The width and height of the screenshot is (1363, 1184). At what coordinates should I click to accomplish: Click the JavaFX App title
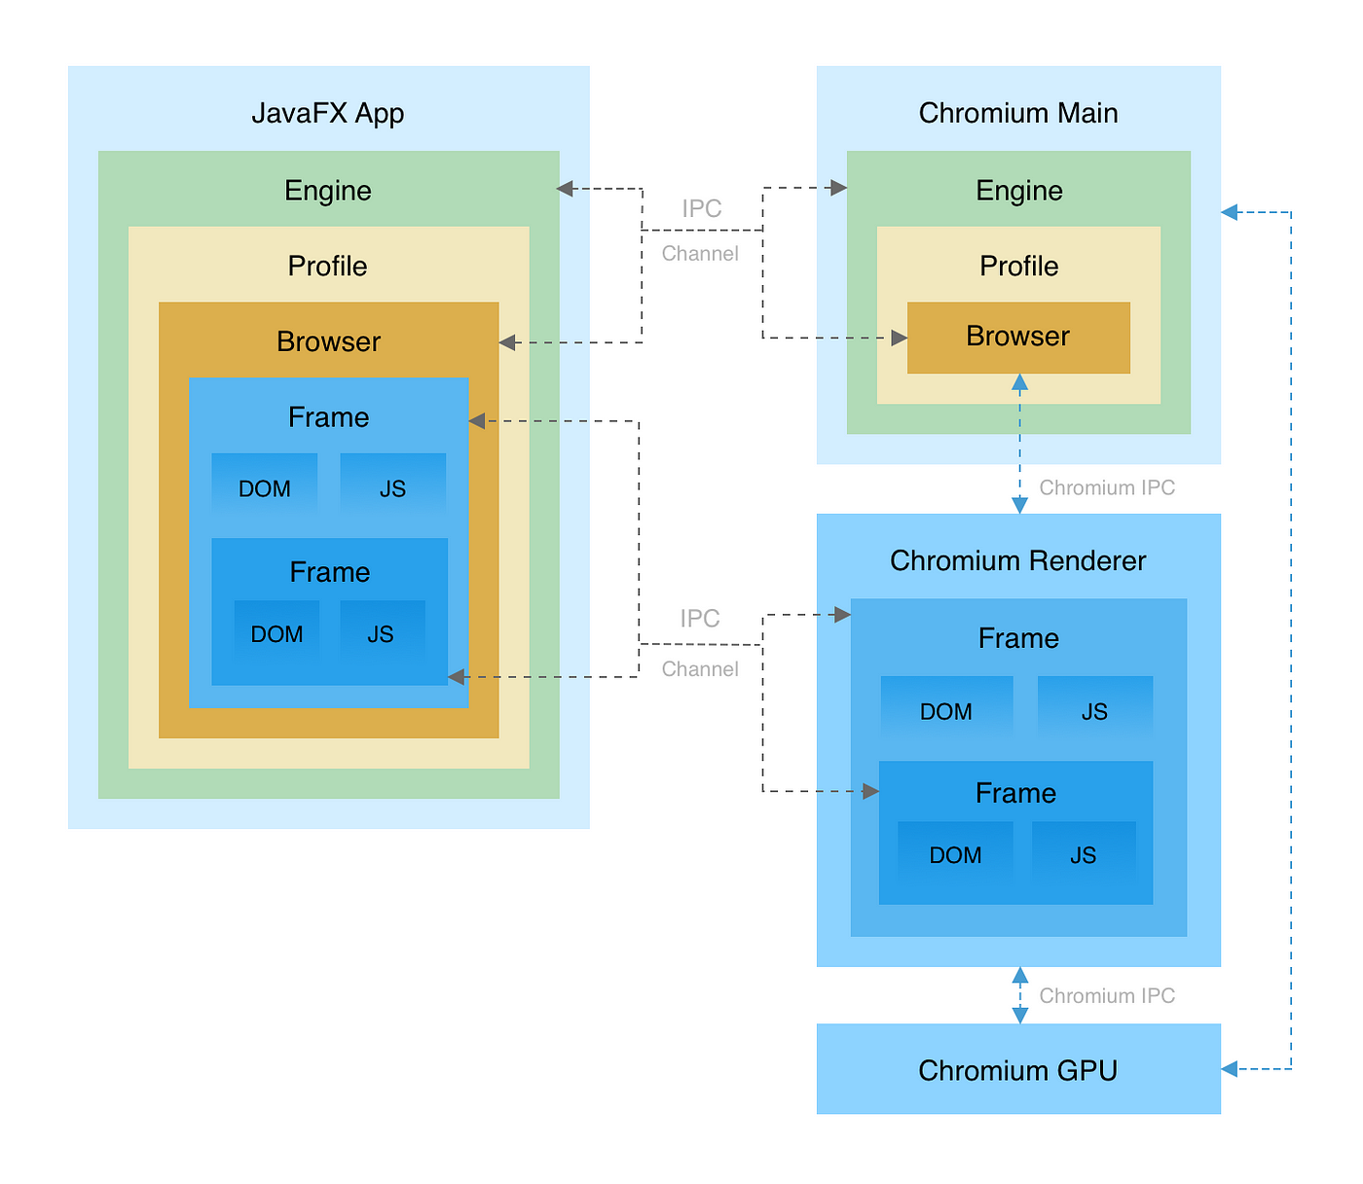click(327, 113)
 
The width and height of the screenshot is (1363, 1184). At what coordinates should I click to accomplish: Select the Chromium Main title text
click(1017, 113)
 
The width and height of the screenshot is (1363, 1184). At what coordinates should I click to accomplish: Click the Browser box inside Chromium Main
click(1018, 338)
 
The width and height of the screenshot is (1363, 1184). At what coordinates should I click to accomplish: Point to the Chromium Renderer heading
click(1017, 560)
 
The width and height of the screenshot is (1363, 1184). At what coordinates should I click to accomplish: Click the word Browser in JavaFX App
click(328, 341)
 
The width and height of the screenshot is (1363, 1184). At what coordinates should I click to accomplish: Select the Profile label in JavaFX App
click(327, 266)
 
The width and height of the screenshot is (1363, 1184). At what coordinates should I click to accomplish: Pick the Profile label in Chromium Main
click(1018, 266)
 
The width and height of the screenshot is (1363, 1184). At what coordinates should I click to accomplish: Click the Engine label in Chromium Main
click(1018, 191)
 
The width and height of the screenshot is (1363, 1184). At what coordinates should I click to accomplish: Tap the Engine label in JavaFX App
click(328, 191)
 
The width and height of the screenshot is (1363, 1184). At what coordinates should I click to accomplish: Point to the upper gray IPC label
click(702, 208)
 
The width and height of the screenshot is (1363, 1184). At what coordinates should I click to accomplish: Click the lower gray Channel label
click(699, 669)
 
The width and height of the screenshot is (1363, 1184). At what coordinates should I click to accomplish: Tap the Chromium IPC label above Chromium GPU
click(1107, 995)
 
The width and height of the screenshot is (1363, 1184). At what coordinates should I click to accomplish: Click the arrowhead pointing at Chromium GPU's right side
click(1229, 1069)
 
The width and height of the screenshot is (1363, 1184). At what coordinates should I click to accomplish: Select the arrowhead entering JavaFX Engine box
click(565, 189)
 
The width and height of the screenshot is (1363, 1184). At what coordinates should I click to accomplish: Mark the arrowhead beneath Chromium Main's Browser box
click(1019, 382)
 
